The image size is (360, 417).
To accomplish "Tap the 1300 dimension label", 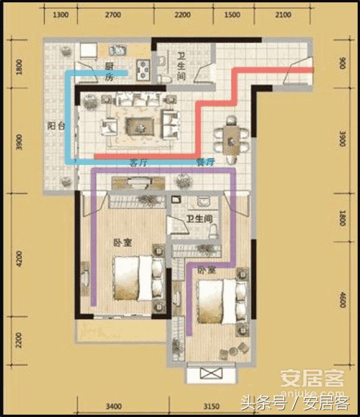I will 61,15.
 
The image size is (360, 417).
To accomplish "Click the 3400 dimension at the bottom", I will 113,406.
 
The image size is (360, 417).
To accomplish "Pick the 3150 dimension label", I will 211,406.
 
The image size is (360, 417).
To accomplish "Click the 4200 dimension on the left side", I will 19,258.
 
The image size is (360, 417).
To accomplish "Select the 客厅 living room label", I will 138,163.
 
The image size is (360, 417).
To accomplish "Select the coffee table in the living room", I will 140,125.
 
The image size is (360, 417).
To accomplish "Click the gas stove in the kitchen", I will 142,70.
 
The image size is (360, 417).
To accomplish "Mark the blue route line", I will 68,118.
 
